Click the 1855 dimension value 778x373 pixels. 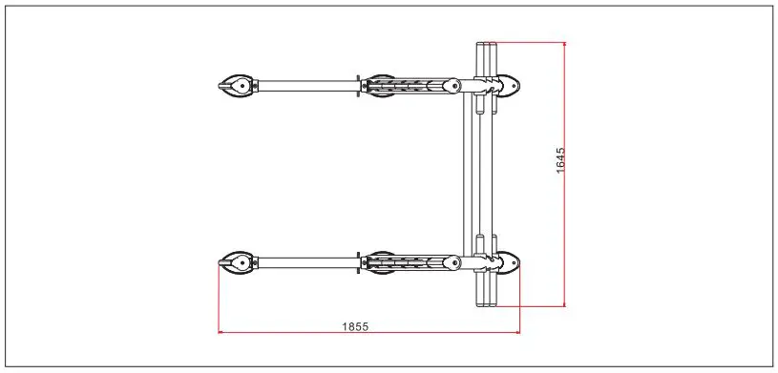(355, 326)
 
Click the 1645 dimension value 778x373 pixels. (560, 159)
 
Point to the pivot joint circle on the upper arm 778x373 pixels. (445, 86)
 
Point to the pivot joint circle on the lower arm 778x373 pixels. (445, 262)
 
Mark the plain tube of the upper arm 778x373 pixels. (305, 86)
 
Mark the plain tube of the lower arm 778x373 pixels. (305, 262)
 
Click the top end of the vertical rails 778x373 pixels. (485, 46)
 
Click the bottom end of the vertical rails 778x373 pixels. (485, 302)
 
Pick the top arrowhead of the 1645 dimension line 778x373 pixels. (565, 45)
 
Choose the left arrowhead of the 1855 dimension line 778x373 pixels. (221, 332)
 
